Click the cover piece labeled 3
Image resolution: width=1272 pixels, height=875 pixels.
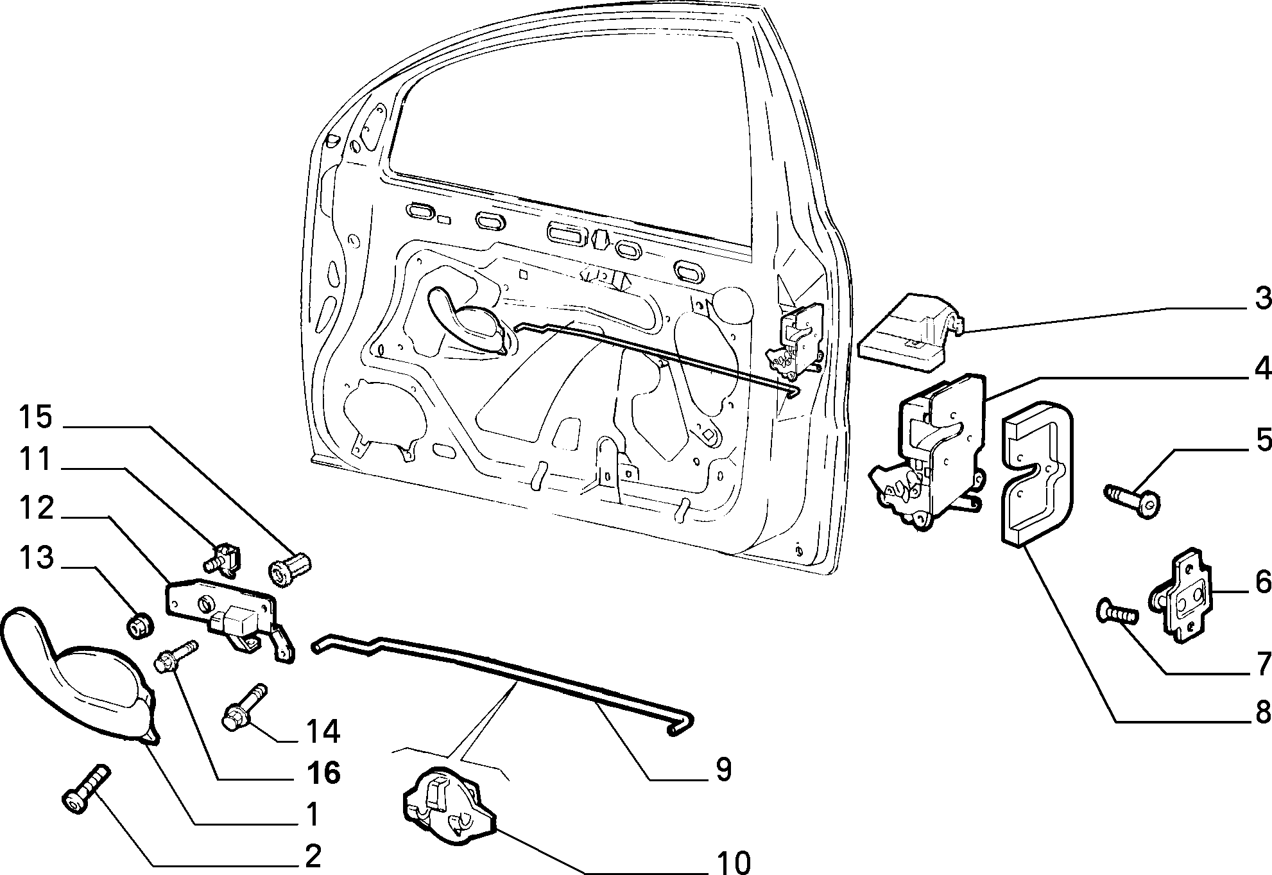point(906,333)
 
